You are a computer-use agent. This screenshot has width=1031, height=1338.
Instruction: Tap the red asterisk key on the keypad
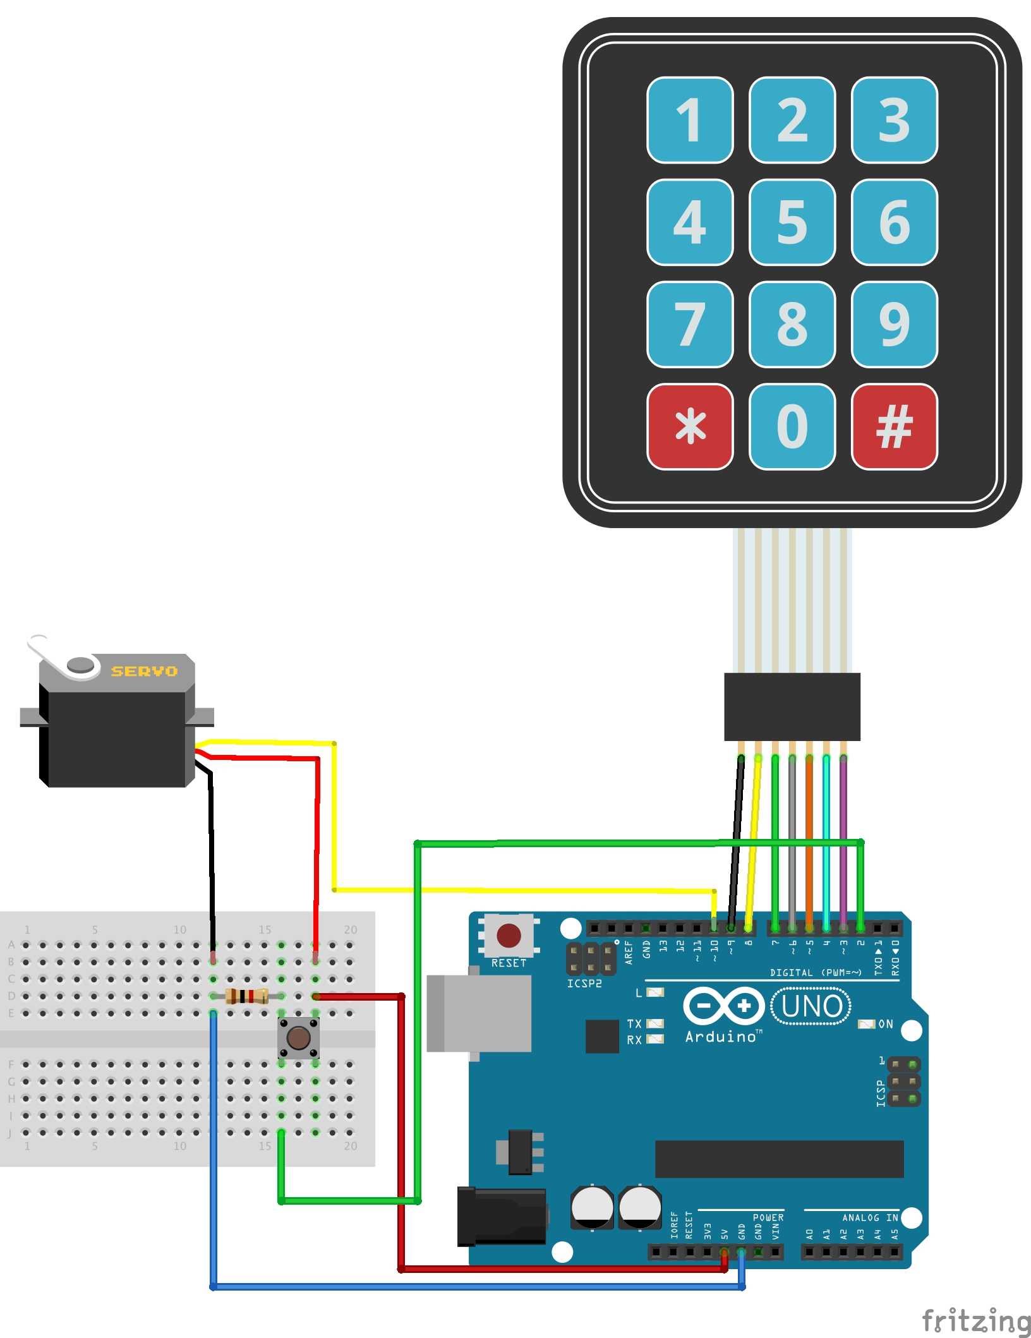[x=690, y=426]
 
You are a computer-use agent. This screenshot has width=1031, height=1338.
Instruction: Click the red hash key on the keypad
[x=894, y=426]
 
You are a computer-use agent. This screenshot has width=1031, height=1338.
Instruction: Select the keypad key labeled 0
[x=792, y=426]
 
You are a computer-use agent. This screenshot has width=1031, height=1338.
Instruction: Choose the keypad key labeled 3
[x=894, y=120]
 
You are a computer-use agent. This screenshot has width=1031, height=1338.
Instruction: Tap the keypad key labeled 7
[x=690, y=324]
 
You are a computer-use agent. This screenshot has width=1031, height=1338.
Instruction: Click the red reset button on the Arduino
[x=509, y=936]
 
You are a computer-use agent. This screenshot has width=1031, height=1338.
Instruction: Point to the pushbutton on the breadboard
[x=298, y=1037]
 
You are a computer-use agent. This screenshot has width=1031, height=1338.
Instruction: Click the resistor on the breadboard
[x=246, y=996]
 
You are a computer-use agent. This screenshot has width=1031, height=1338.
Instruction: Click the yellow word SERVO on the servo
[x=144, y=671]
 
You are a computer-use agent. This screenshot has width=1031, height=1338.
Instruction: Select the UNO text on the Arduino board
[x=811, y=1006]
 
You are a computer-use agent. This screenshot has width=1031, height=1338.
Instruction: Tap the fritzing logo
[x=975, y=1320]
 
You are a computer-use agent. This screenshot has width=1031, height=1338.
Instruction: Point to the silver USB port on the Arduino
[x=478, y=1013]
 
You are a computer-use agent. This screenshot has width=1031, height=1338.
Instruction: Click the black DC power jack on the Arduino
[x=502, y=1216]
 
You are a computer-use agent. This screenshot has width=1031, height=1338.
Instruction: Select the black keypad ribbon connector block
[x=792, y=706]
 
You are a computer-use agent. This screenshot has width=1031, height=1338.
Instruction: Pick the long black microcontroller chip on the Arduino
[x=779, y=1159]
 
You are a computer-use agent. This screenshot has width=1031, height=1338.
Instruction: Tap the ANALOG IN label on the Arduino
[x=870, y=1217]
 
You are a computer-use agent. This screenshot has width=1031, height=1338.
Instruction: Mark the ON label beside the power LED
[x=886, y=1024]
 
